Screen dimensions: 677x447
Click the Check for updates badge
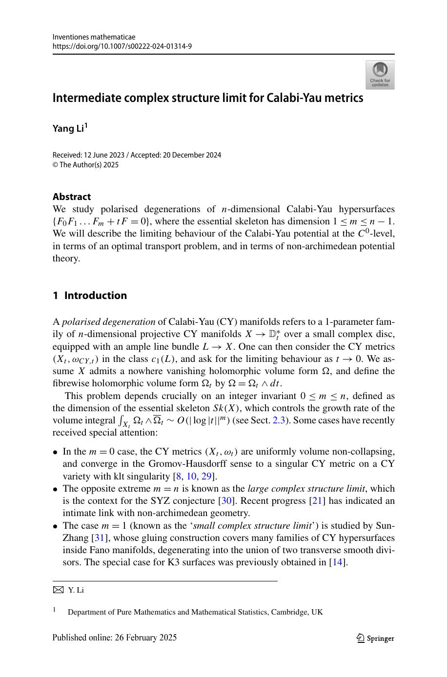(x=380, y=75)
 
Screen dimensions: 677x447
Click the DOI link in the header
(x=122, y=46)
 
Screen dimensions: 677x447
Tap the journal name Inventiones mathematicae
(x=94, y=37)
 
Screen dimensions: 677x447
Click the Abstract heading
(x=72, y=197)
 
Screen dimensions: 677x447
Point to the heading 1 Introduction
(x=90, y=296)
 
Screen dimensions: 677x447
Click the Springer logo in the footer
(x=375, y=638)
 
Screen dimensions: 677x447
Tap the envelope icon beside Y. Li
(x=58, y=590)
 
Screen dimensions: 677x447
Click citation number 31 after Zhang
(x=98, y=538)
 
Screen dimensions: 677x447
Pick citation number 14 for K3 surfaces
(x=338, y=562)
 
